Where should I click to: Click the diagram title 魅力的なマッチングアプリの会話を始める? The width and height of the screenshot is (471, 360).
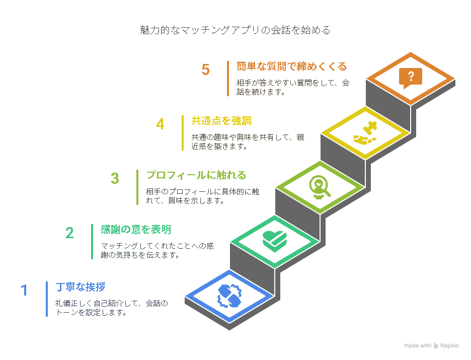235,30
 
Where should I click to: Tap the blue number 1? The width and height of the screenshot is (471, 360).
24,291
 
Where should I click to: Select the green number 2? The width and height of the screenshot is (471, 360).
69,233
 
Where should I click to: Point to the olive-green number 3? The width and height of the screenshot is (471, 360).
115,179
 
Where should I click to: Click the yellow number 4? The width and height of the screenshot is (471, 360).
160,124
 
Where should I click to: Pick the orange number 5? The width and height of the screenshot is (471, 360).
205,69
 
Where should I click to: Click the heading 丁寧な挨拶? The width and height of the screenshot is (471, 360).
81,287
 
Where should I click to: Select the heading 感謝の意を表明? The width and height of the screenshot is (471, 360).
136,230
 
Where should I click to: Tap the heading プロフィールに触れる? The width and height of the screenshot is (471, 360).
196,175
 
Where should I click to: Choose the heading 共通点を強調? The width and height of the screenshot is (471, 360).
221,121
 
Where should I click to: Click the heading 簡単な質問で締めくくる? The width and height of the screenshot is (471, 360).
291,66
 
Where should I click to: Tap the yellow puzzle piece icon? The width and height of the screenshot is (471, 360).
365,133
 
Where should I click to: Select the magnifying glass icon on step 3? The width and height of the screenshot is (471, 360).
320,187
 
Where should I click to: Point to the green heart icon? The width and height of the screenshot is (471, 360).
275,241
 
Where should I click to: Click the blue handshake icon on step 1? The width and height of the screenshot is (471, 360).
229,296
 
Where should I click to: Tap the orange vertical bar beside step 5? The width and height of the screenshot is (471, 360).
228,79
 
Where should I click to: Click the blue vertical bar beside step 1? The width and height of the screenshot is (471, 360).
47,299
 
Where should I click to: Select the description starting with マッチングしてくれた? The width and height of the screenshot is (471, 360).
157,251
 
